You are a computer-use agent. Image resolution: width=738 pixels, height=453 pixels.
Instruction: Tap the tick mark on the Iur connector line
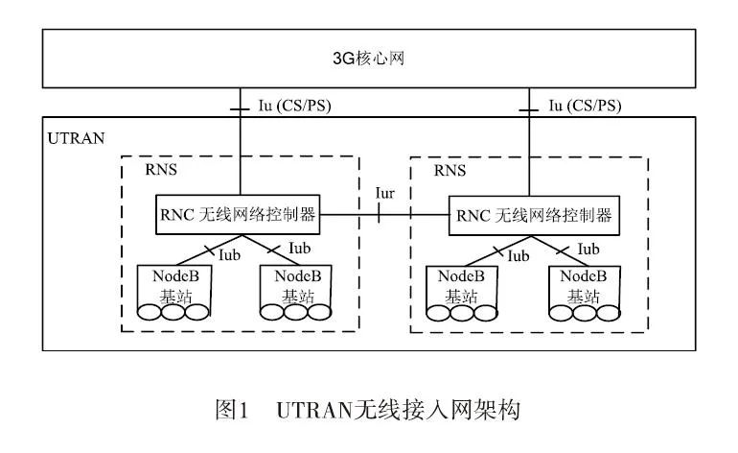(x=381, y=216)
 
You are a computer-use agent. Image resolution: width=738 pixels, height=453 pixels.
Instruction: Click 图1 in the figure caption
(x=230, y=413)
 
